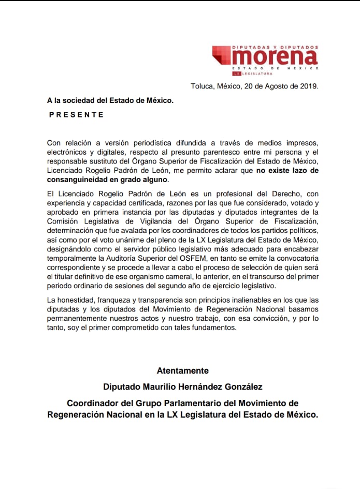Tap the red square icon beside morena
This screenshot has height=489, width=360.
click(x=222, y=55)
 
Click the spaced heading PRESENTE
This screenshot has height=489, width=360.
click(x=76, y=114)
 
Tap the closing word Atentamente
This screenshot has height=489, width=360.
click(x=183, y=371)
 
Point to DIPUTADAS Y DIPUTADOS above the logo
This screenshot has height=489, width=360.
click(x=276, y=47)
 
